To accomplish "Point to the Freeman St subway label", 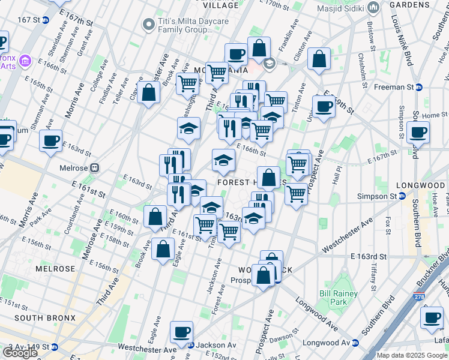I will pos(397,87).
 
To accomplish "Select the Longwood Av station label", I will pos(328,343).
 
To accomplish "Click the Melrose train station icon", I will pos(94,169).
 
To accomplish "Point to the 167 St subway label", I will pos(33,20).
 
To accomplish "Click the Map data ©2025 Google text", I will pos(412,355).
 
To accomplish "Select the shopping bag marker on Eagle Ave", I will pos(163,248).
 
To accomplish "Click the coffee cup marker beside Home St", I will pos(417,131).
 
